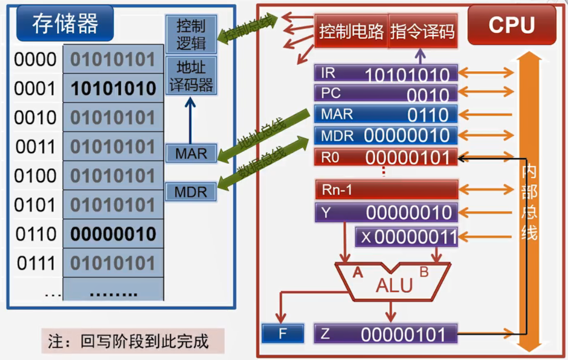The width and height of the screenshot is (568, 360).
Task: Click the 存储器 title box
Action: pos(65,24)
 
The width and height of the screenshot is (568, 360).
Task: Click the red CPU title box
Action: pos(511,25)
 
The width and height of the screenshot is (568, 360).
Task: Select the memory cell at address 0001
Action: pos(113,89)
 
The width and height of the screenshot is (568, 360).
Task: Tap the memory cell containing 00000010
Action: pos(113,234)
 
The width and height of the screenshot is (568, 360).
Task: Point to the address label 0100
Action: pos(35,176)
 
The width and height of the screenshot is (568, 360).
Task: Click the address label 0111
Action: pos(35,263)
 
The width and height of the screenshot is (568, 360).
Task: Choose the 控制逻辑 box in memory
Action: pos(191,34)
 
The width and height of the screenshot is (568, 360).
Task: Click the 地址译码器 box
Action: pos(191,75)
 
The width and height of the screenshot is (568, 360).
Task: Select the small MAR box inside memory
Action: pos(191,153)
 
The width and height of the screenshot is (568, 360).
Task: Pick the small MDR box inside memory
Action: pos(191,192)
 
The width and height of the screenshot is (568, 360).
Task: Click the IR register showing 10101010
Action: pos(386,74)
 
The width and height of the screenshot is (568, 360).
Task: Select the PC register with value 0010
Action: pos(386,94)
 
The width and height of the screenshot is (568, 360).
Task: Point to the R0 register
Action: pos(386,157)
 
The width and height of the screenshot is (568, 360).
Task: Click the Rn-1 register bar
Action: pos(386,190)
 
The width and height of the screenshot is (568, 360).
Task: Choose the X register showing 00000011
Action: pos(406,236)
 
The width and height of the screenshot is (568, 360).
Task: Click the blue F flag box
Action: pos(283,333)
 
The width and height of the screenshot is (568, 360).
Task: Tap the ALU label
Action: pos(394,285)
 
